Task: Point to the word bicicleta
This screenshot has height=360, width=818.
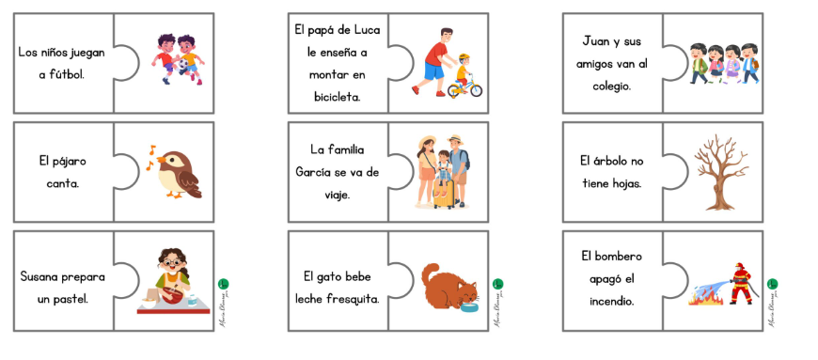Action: [x=338, y=95]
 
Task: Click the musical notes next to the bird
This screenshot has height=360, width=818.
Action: [x=151, y=157]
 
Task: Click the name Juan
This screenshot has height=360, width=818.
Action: [x=597, y=41]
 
